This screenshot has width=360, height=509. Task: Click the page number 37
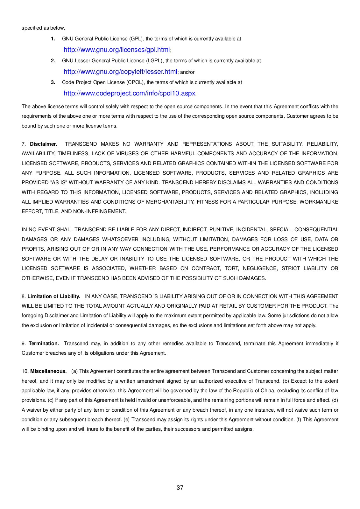(180, 487)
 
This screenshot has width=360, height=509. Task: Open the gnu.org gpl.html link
(116, 50)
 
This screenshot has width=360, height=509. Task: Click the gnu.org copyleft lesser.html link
(120, 72)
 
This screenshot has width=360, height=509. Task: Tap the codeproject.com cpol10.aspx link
(129, 93)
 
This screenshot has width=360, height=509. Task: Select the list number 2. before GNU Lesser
(53, 61)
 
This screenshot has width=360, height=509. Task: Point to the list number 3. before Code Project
(53, 82)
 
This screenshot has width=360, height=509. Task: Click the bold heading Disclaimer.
(44, 144)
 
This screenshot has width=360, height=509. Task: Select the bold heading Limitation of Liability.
(54, 296)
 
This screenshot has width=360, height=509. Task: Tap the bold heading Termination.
(44, 344)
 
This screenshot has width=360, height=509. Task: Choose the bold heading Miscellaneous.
(48, 371)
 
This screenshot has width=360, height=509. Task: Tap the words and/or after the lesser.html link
(187, 72)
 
